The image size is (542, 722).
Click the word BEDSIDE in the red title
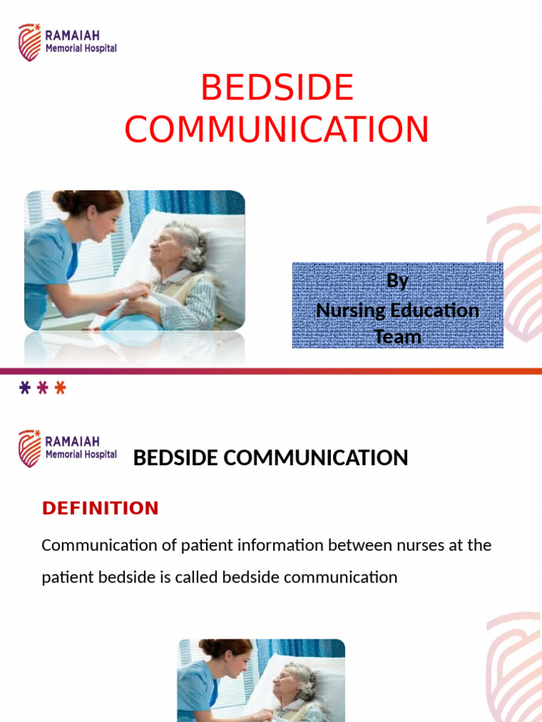click(277, 89)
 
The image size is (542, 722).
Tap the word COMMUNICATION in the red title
click(277, 130)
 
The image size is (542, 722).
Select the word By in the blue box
click(397, 281)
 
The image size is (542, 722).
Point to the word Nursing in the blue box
click(349, 310)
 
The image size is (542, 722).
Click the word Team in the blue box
click(397, 336)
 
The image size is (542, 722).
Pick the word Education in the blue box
click(433, 310)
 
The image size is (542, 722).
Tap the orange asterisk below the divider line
click(61, 388)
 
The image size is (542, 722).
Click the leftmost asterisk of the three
click(25, 388)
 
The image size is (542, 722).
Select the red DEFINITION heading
click(100, 508)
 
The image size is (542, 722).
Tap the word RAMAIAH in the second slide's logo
click(72, 442)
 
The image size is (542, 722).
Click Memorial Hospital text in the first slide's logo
click(80, 49)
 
